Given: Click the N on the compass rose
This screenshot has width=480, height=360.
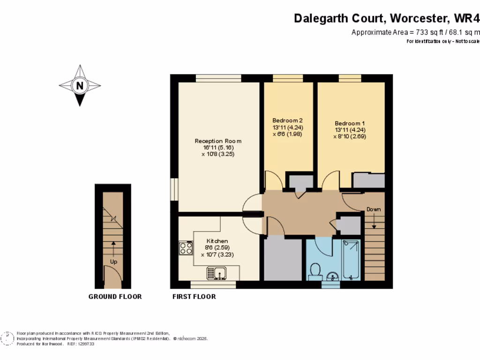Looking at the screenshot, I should click(80, 86).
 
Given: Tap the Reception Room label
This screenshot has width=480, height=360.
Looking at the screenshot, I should click(218, 141).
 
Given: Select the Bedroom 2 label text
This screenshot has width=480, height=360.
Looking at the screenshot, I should click(288, 120).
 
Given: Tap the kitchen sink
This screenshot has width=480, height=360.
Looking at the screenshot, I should click(217, 272).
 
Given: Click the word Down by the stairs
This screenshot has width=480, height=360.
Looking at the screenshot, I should click(374, 209).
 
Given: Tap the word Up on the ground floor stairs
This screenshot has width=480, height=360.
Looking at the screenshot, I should click(113, 261).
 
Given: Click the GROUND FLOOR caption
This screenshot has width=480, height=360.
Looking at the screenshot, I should click(115, 297).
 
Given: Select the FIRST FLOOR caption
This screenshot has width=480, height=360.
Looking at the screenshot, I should click(194, 297).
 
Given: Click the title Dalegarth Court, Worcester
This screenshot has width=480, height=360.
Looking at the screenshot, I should click(370, 18).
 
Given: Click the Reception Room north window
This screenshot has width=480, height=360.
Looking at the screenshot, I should click(218, 78).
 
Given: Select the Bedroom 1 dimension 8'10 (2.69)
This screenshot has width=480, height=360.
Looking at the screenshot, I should click(350, 136).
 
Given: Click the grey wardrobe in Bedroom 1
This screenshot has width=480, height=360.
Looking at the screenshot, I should click(368, 180).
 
